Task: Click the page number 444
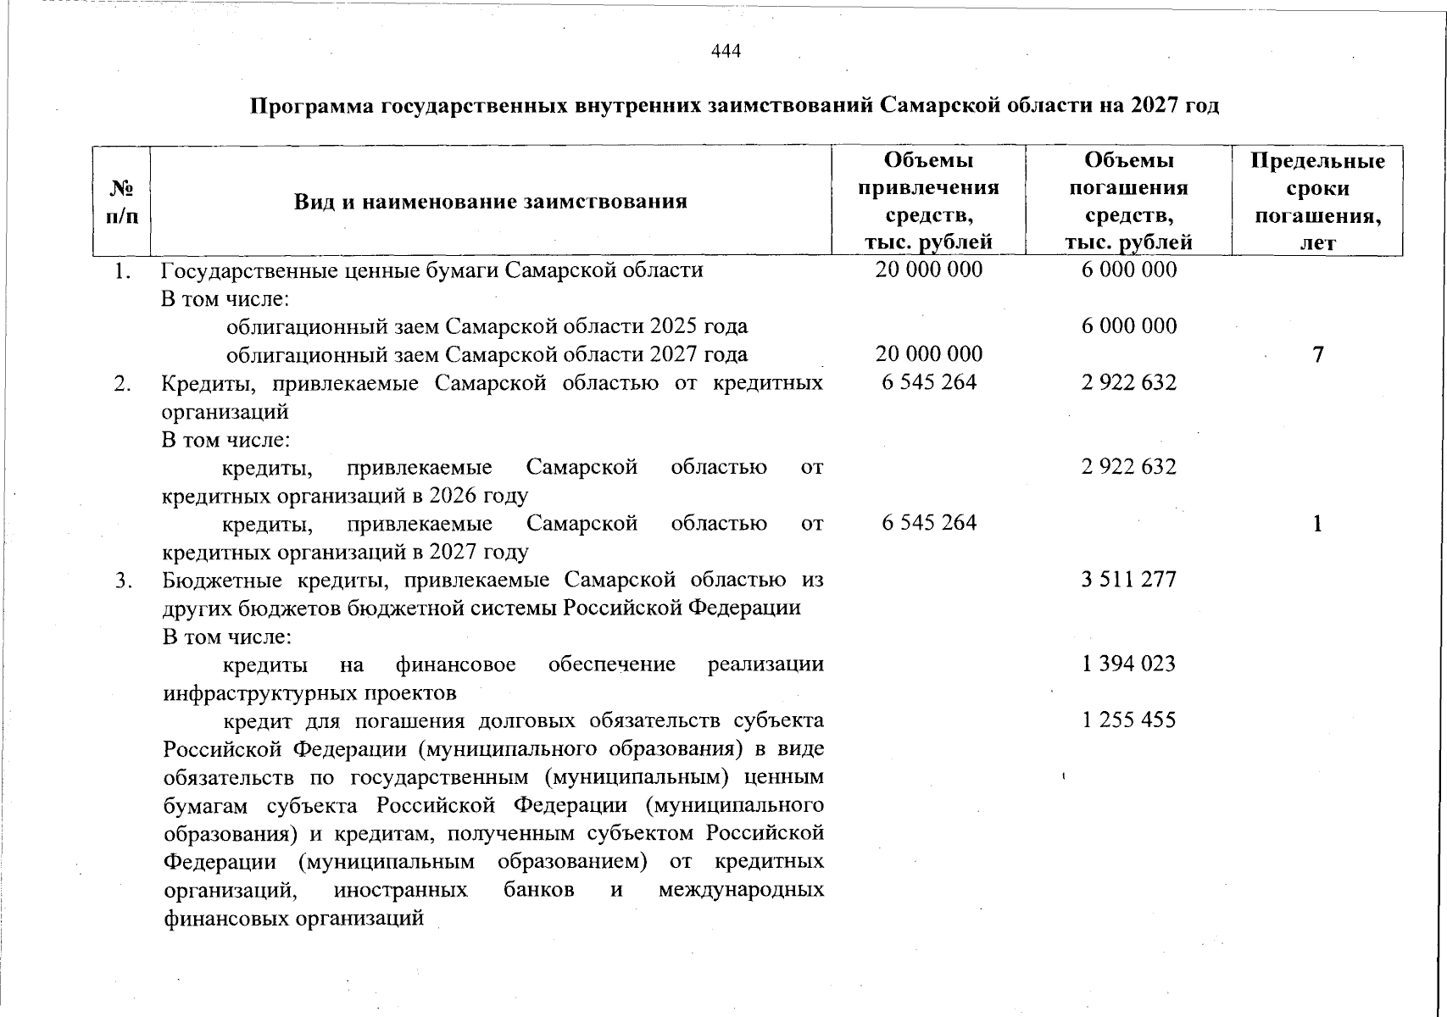[726, 52]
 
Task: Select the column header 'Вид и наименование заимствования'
[490, 202]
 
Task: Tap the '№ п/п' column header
[122, 202]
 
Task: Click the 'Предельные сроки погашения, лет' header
[1317, 202]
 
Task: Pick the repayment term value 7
[1317, 354]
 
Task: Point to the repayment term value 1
[1317, 524]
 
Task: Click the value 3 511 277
[1128, 580]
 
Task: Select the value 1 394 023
[1128, 664]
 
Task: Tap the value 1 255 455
[1128, 720]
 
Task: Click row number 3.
[124, 581]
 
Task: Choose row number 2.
[124, 384]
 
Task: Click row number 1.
[124, 271]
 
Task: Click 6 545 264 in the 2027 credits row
[929, 523]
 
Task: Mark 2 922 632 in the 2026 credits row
[1128, 467]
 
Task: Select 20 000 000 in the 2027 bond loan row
[929, 353]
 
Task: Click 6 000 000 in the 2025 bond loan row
[1128, 326]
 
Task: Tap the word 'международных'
[740, 890]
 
